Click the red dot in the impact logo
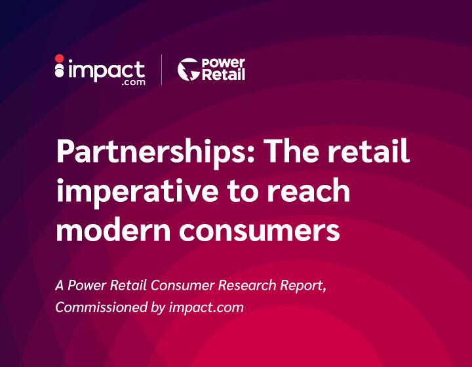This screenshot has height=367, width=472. pos(59,58)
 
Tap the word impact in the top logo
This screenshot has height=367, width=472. pos(107,71)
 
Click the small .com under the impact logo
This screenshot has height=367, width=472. pos(134,83)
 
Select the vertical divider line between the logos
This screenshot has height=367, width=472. pos(162,69)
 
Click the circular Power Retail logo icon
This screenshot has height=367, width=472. pos(188,69)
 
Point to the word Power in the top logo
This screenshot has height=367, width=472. pos(223,63)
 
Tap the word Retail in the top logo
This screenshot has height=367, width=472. pos(223,74)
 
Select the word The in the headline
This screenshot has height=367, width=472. pos(291,151)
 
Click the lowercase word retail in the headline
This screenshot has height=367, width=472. pos(368,151)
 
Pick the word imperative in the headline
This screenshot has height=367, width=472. pos(137,191)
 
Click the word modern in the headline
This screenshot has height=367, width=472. pos(113,229)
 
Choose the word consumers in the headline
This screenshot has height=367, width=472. pos(260,231)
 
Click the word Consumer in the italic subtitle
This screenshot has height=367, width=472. pos(183,285)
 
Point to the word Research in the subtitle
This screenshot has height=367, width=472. pos(247,285)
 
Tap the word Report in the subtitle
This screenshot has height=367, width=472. pos(303,286)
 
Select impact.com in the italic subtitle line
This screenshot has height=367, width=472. pos(206,308)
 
